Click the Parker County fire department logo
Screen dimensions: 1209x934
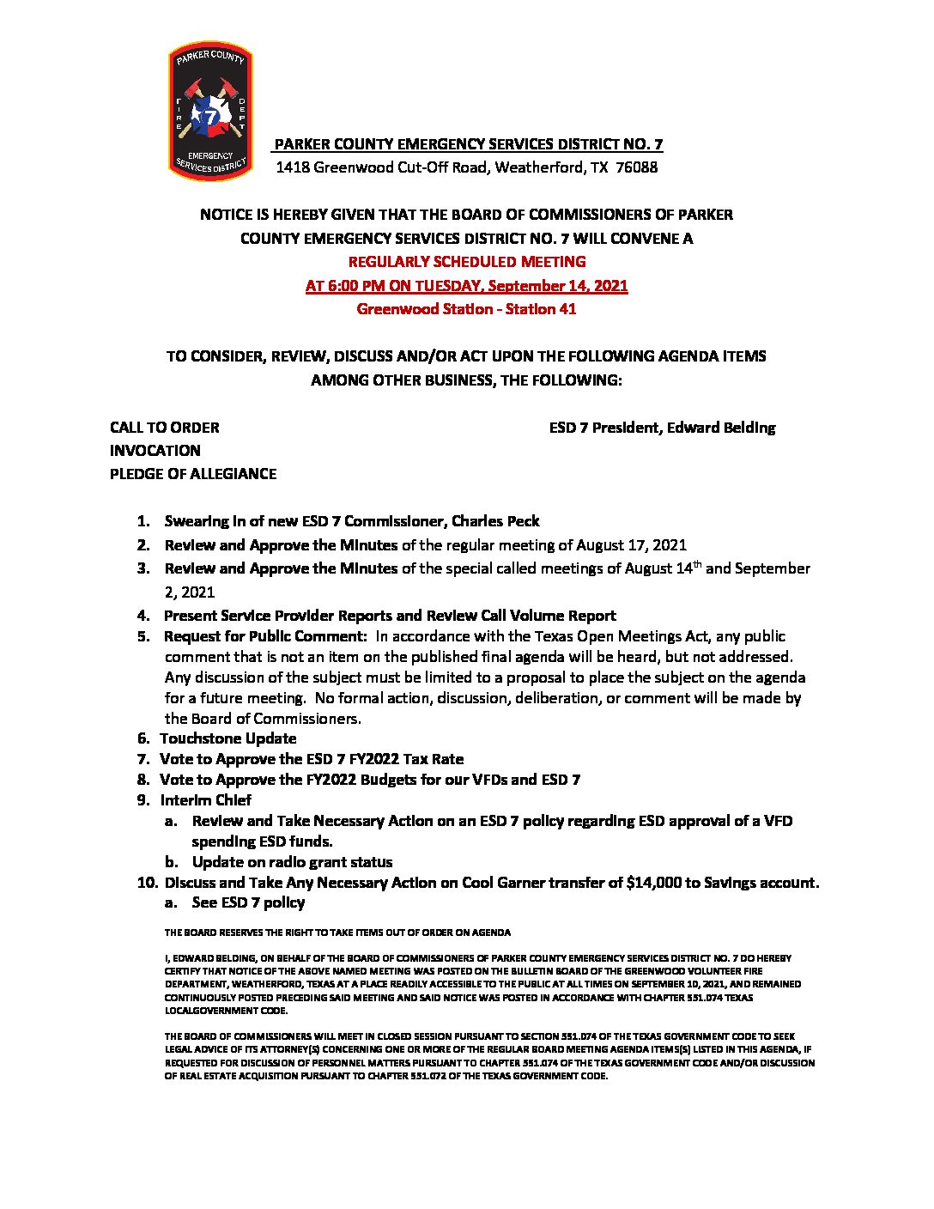point(210,112)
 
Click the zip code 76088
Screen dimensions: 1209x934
point(637,167)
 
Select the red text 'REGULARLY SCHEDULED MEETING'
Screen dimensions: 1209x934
point(467,262)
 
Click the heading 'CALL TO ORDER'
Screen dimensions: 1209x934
point(164,428)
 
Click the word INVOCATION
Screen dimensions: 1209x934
point(155,451)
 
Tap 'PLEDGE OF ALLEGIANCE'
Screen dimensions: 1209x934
point(193,474)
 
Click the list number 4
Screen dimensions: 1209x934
point(143,616)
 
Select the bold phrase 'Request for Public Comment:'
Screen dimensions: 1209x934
point(265,636)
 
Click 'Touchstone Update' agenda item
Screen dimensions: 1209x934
point(228,738)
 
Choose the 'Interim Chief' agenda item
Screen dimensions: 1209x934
point(206,800)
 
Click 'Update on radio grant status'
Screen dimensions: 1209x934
point(292,862)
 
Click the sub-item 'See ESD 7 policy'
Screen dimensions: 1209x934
point(248,902)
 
